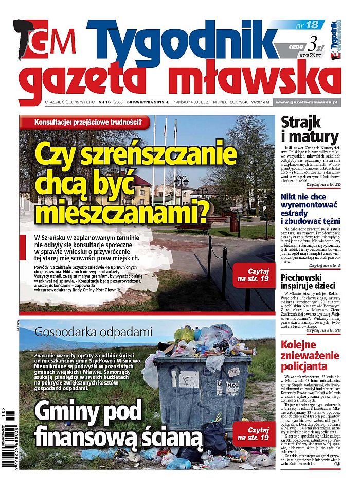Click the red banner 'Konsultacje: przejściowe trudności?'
click(87, 123)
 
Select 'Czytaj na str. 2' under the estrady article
click(323, 266)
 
